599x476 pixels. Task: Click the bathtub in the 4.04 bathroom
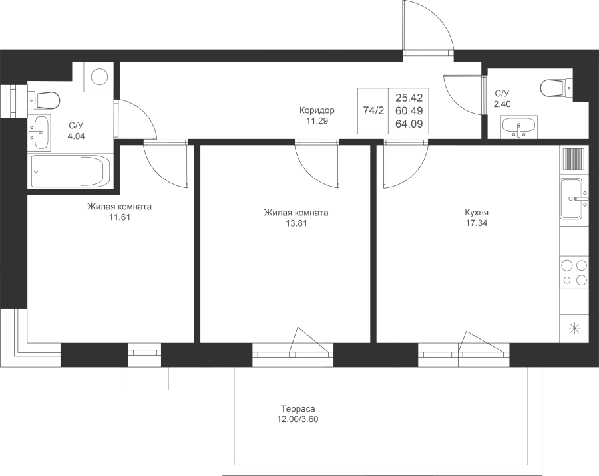tap(71, 171)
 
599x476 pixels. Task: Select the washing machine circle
tap(99, 76)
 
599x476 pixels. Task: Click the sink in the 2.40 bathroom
tap(518, 127)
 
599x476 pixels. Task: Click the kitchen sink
tap(572, 199)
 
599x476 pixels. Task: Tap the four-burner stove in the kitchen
tap(572, 272)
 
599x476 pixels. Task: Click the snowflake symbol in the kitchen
tap(574, 328)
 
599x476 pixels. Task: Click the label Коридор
tap(317, 110)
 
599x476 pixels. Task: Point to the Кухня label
tap(477, 213)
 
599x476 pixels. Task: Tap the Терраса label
tap(298, 408)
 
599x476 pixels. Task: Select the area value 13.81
tap(296, 223)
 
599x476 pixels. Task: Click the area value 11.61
tap(120, 217)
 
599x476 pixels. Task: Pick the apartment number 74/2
tap(373, 111)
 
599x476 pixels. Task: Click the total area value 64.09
tap(409, 124)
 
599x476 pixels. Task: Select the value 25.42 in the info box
tap(409, 98)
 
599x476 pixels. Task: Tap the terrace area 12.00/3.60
tap(298, 419)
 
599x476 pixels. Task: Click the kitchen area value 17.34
tap(477, 223)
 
